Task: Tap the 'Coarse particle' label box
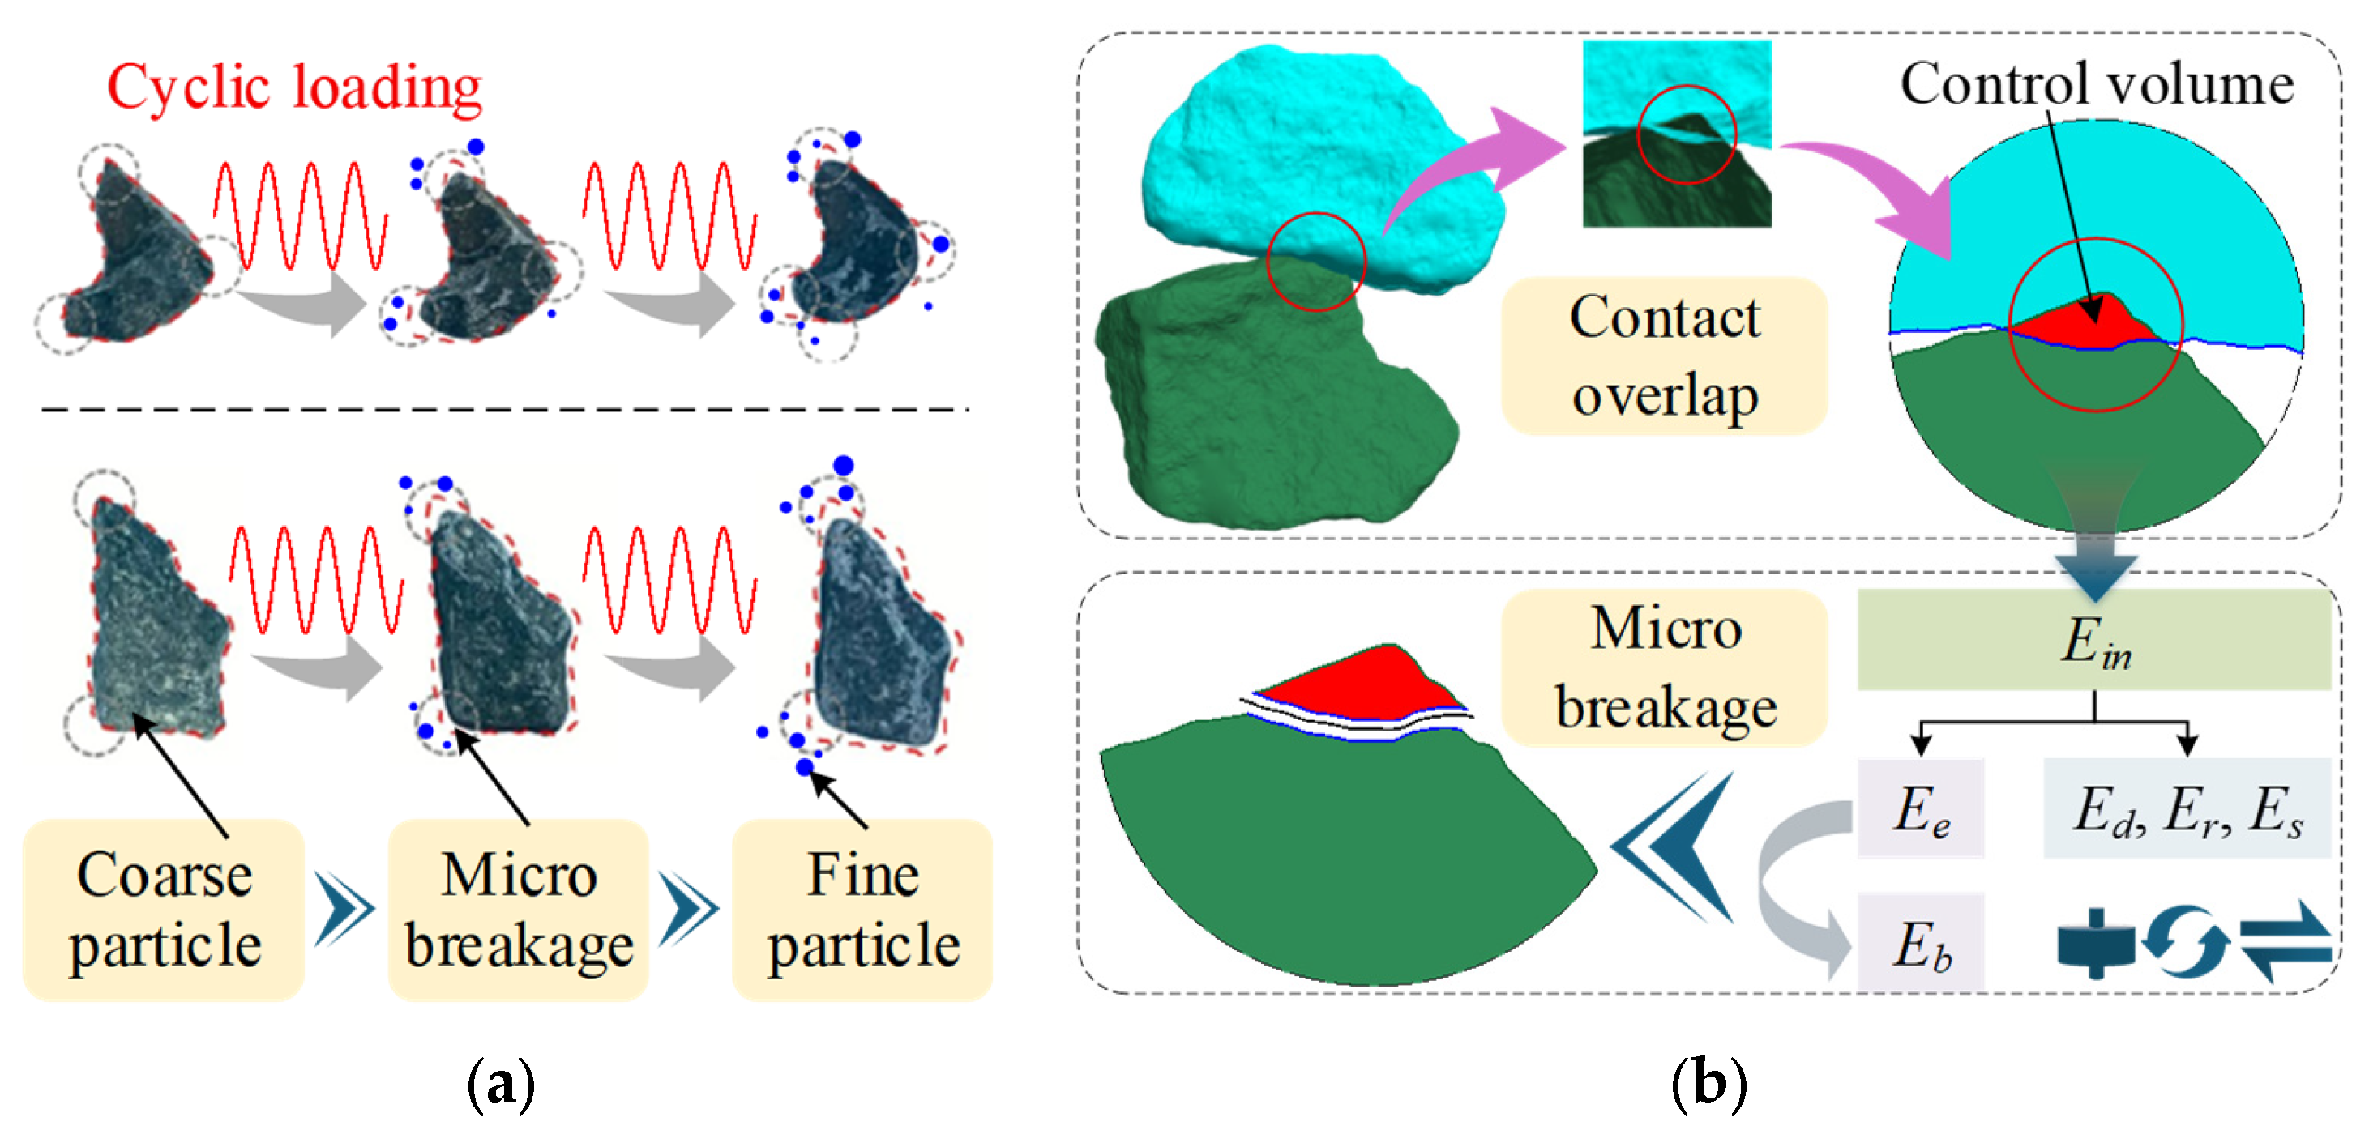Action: tap(164, 910)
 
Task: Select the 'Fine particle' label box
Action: tap(862, 910)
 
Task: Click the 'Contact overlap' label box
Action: tap(1665, 356)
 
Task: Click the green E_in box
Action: tap(2094, 640)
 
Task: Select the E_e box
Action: tap(1921, 808)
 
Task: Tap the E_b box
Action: tap(1921, 942)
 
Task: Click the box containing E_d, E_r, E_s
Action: tap(2187, 808)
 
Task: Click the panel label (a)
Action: tap(501, 1085)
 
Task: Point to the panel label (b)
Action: tap(1708, 1085)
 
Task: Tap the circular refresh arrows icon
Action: tap(2186, 942)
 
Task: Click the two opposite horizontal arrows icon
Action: tap(2285, 942)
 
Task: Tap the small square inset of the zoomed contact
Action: tap(1677, 134)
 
